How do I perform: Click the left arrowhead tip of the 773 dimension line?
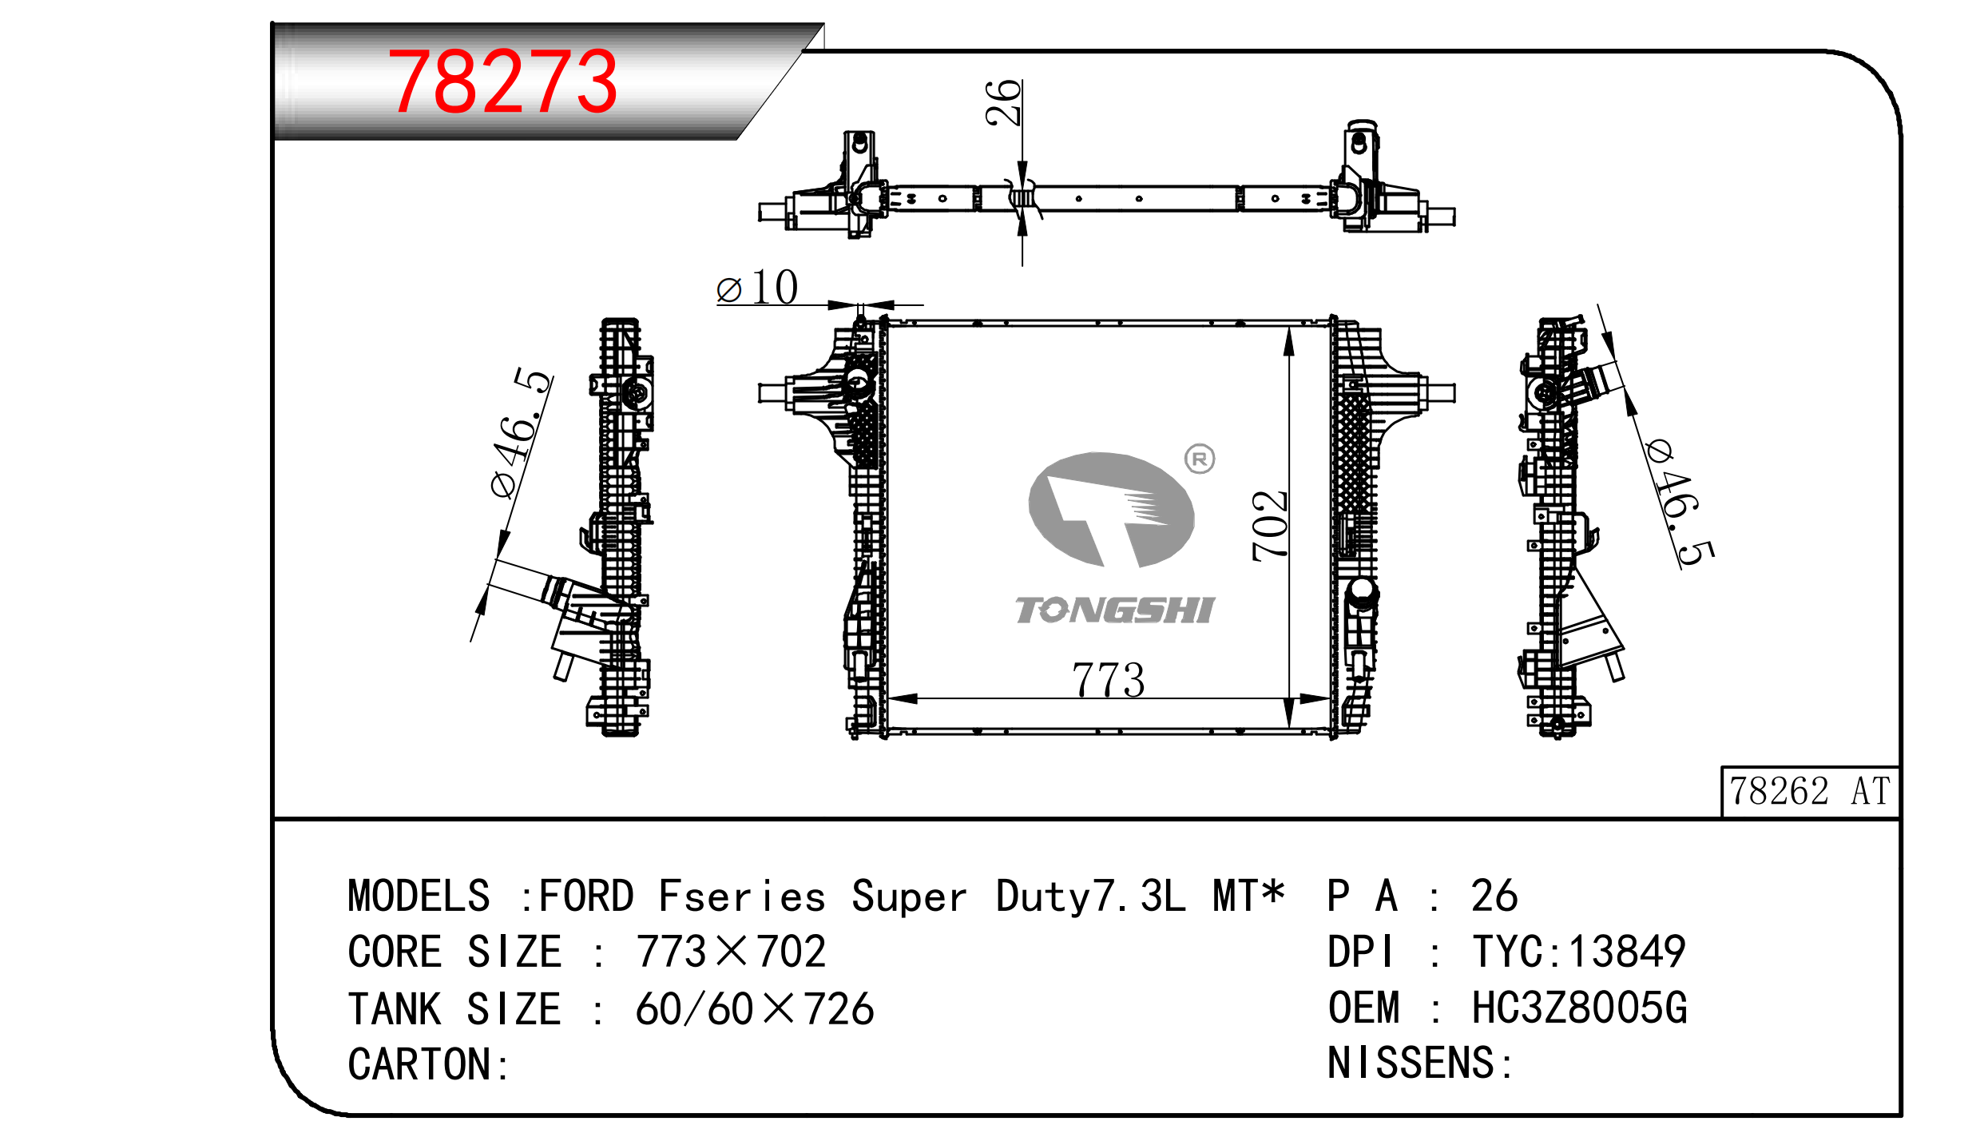pos(888,699)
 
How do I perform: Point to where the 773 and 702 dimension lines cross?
pos(1289,699)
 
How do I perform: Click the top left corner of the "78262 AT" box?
pos(1722,768)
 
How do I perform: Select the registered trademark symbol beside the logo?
pos(1200,459)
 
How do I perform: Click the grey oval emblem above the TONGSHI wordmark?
pos(1111,509)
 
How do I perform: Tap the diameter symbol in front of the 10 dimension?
pos(729,290)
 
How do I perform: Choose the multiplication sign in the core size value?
pos(731,952)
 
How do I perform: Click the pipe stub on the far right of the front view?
pos(1439,393)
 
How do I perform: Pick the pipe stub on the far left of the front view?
pos(773,393)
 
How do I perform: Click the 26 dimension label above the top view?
pos(1002,103)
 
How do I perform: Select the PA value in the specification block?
pos(1494,896)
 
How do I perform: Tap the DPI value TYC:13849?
pos(1579,952)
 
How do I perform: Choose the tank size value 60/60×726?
pos(755,1008)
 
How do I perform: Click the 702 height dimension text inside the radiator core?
pos(1269,526)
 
